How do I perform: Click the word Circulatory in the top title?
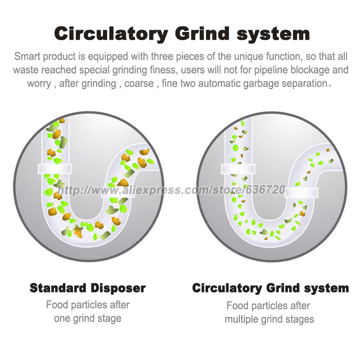tap(111, 34)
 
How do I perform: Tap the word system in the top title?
tap(273, 35)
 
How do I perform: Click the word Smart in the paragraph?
tap(27, 56)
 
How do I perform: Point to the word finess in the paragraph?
tap(163, 70)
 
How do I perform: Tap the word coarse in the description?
tap(139, 84)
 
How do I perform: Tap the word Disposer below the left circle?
tap(118, 288)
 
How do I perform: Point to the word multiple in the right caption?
tap(241, 319)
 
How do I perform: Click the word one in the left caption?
tap(62, 319)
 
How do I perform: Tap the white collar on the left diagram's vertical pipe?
tap(54, 169)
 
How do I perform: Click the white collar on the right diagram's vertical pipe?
tap(238, 169)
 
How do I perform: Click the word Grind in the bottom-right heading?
tap(283, 288)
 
